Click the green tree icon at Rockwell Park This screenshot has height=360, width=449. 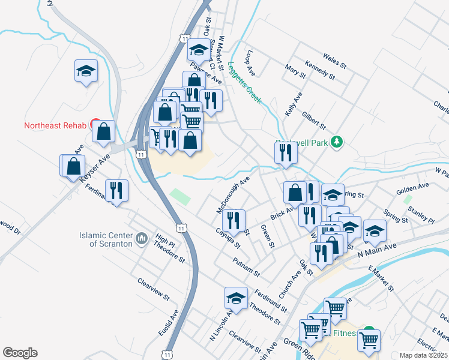pos(337,142)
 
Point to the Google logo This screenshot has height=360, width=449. pos(20,353)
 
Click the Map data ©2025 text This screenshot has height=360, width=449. pos(424,355)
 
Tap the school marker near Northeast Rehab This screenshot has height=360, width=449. pos(86,71)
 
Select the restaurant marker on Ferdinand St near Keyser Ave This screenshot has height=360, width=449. pos(116,190)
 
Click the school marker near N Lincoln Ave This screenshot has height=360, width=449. pos(236,298)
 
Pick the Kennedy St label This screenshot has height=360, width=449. pos(319,69)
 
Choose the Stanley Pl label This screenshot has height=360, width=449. pos(421,214)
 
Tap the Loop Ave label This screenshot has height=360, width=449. pos(250,63)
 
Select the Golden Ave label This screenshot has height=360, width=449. pos(412,190)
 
